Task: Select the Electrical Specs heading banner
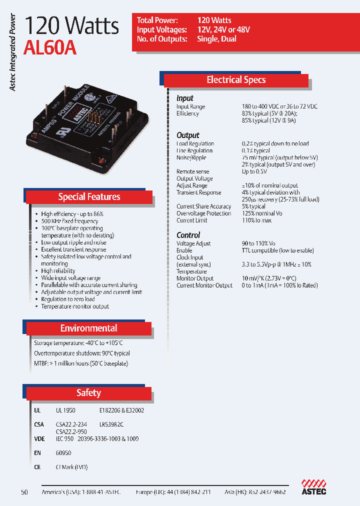point(236,80)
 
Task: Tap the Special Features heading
point(89,196)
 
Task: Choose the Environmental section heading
point(88,328)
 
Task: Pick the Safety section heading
point(88,393)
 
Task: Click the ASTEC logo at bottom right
point(314,487)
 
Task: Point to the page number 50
point(24,492)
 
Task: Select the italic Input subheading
point(184,98)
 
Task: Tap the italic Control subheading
point(188,235)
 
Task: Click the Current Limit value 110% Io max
point(256,220)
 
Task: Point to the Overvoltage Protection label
point(203,213)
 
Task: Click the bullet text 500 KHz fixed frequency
point(69,221)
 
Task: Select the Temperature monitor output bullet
point(75,306)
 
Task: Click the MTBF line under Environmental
point(81,363)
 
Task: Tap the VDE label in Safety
point(38,438)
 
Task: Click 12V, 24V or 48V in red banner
point(223,29)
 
